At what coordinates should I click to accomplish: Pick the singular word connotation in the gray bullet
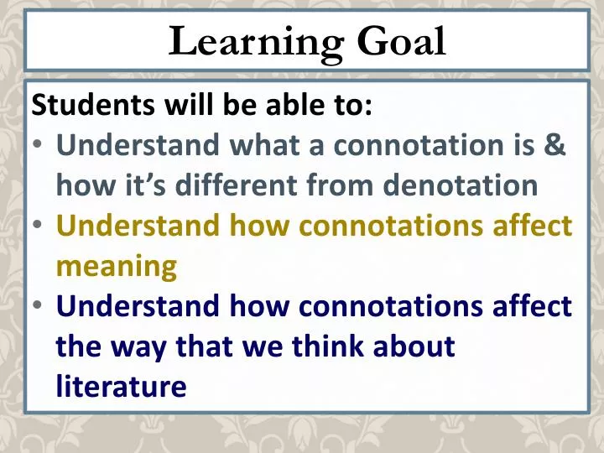(x=410, y=144)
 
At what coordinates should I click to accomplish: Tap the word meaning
(x=117, y=266)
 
